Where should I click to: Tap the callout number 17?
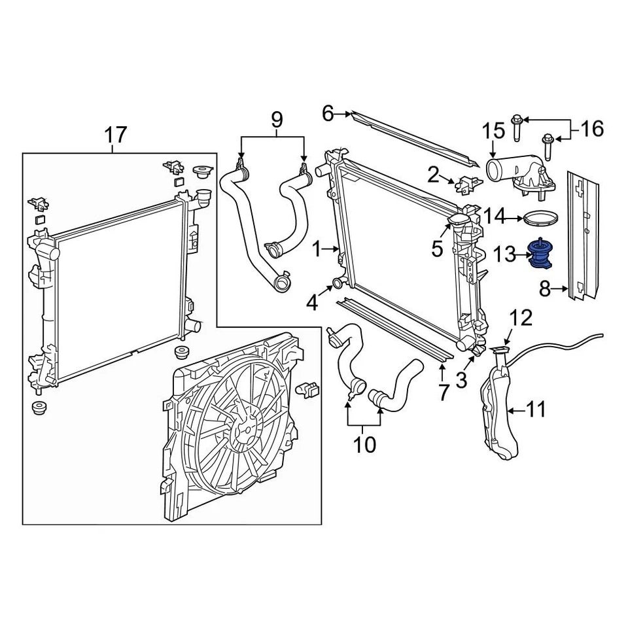coord(115,135)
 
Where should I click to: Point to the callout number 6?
coord(328,114)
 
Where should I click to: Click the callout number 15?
coord(494,131)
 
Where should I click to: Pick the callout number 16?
coord(591,129)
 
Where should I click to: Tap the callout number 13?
coord(505,254)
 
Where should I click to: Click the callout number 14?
coord(495,215)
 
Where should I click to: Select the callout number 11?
coord(536,410)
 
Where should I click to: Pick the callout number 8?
coord(544,288)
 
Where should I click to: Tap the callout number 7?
coord(444,392)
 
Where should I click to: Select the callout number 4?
coord(313,302)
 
